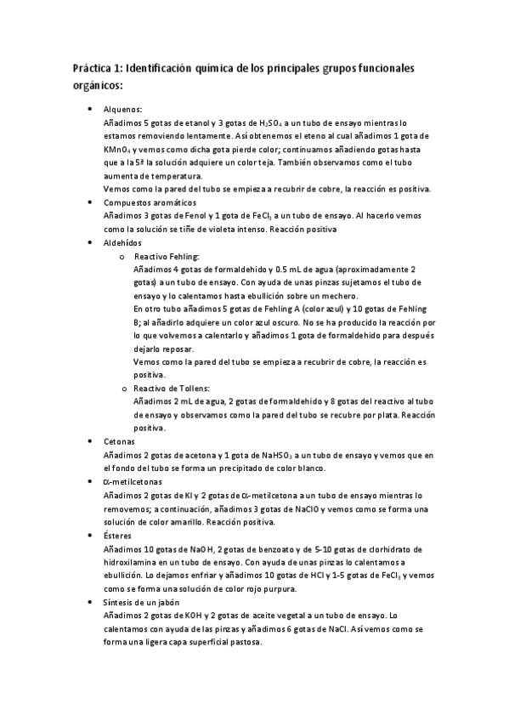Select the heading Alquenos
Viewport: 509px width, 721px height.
coord(122,109)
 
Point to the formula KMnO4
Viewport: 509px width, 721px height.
coord(118,149)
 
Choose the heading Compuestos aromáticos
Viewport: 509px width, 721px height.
coord(150,202)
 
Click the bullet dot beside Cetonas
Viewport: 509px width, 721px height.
coord(91,442)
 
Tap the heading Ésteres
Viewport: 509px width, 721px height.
coord(117,536)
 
